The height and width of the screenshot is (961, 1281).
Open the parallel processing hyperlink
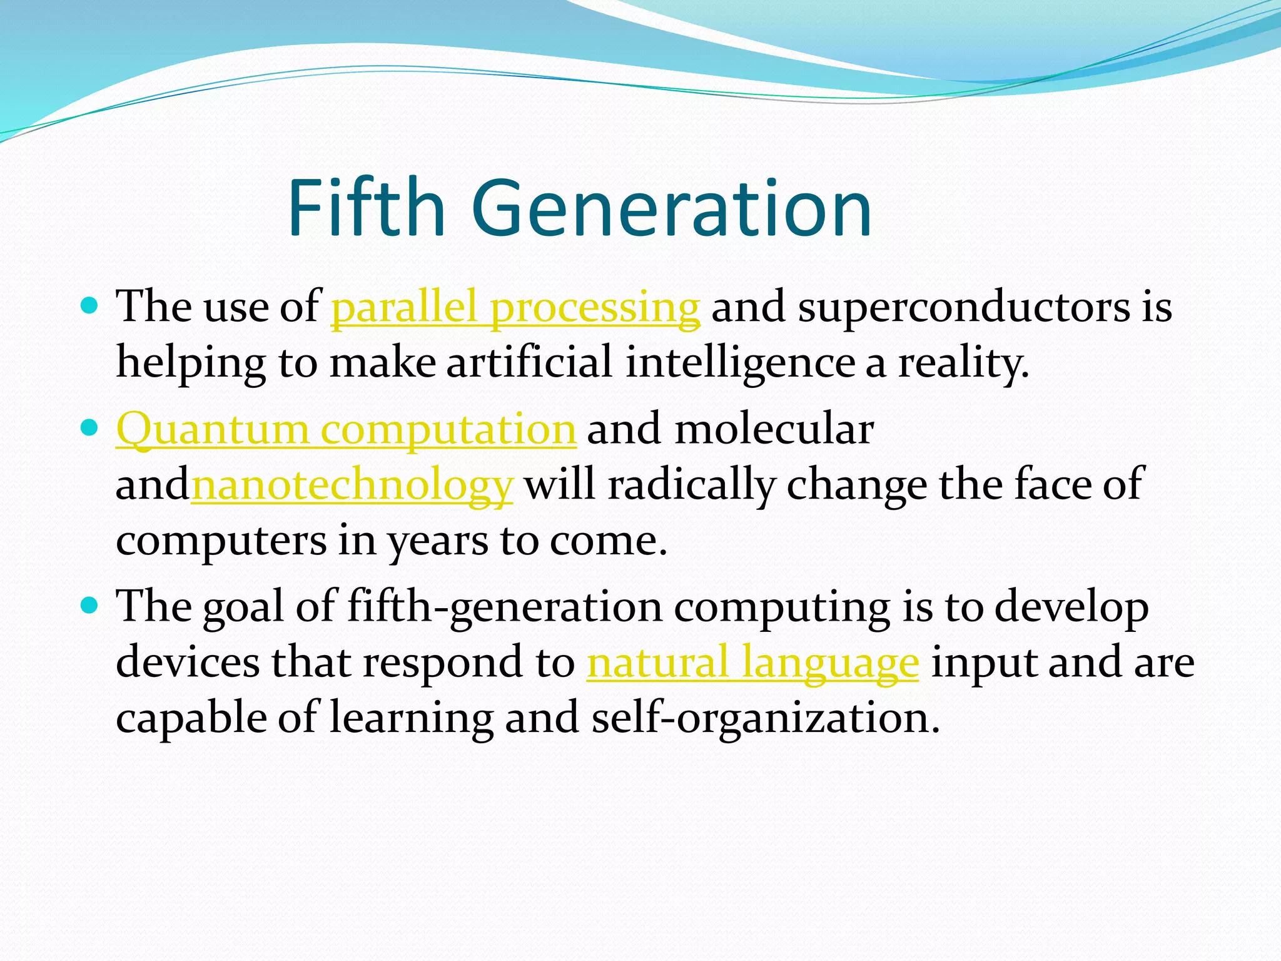(515, 308)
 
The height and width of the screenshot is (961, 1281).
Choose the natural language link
(752, 663)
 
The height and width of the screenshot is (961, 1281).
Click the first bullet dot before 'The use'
(90, 306)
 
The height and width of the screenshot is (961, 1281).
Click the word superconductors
(964, 308)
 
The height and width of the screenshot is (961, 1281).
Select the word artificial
(529, 363)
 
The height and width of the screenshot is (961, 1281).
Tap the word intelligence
(740, 363)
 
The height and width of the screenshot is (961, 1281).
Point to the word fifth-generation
(504, 608)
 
